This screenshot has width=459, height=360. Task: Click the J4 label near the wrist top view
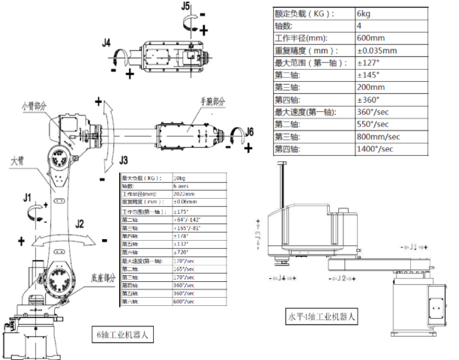click(x=107, y=44)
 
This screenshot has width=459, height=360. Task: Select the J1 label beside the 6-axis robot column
click(x=28, y=197)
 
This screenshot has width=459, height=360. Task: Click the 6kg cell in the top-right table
click(x=364, y=13)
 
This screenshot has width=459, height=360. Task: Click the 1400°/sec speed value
click(x=374, y=148)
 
